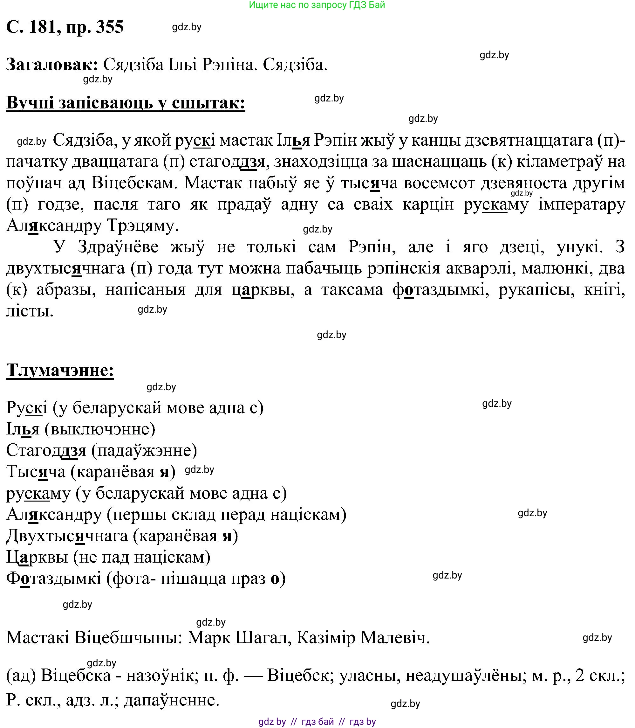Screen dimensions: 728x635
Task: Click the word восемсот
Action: click(x=440, y=183)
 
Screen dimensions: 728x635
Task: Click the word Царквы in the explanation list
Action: click(x=37, y=557)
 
